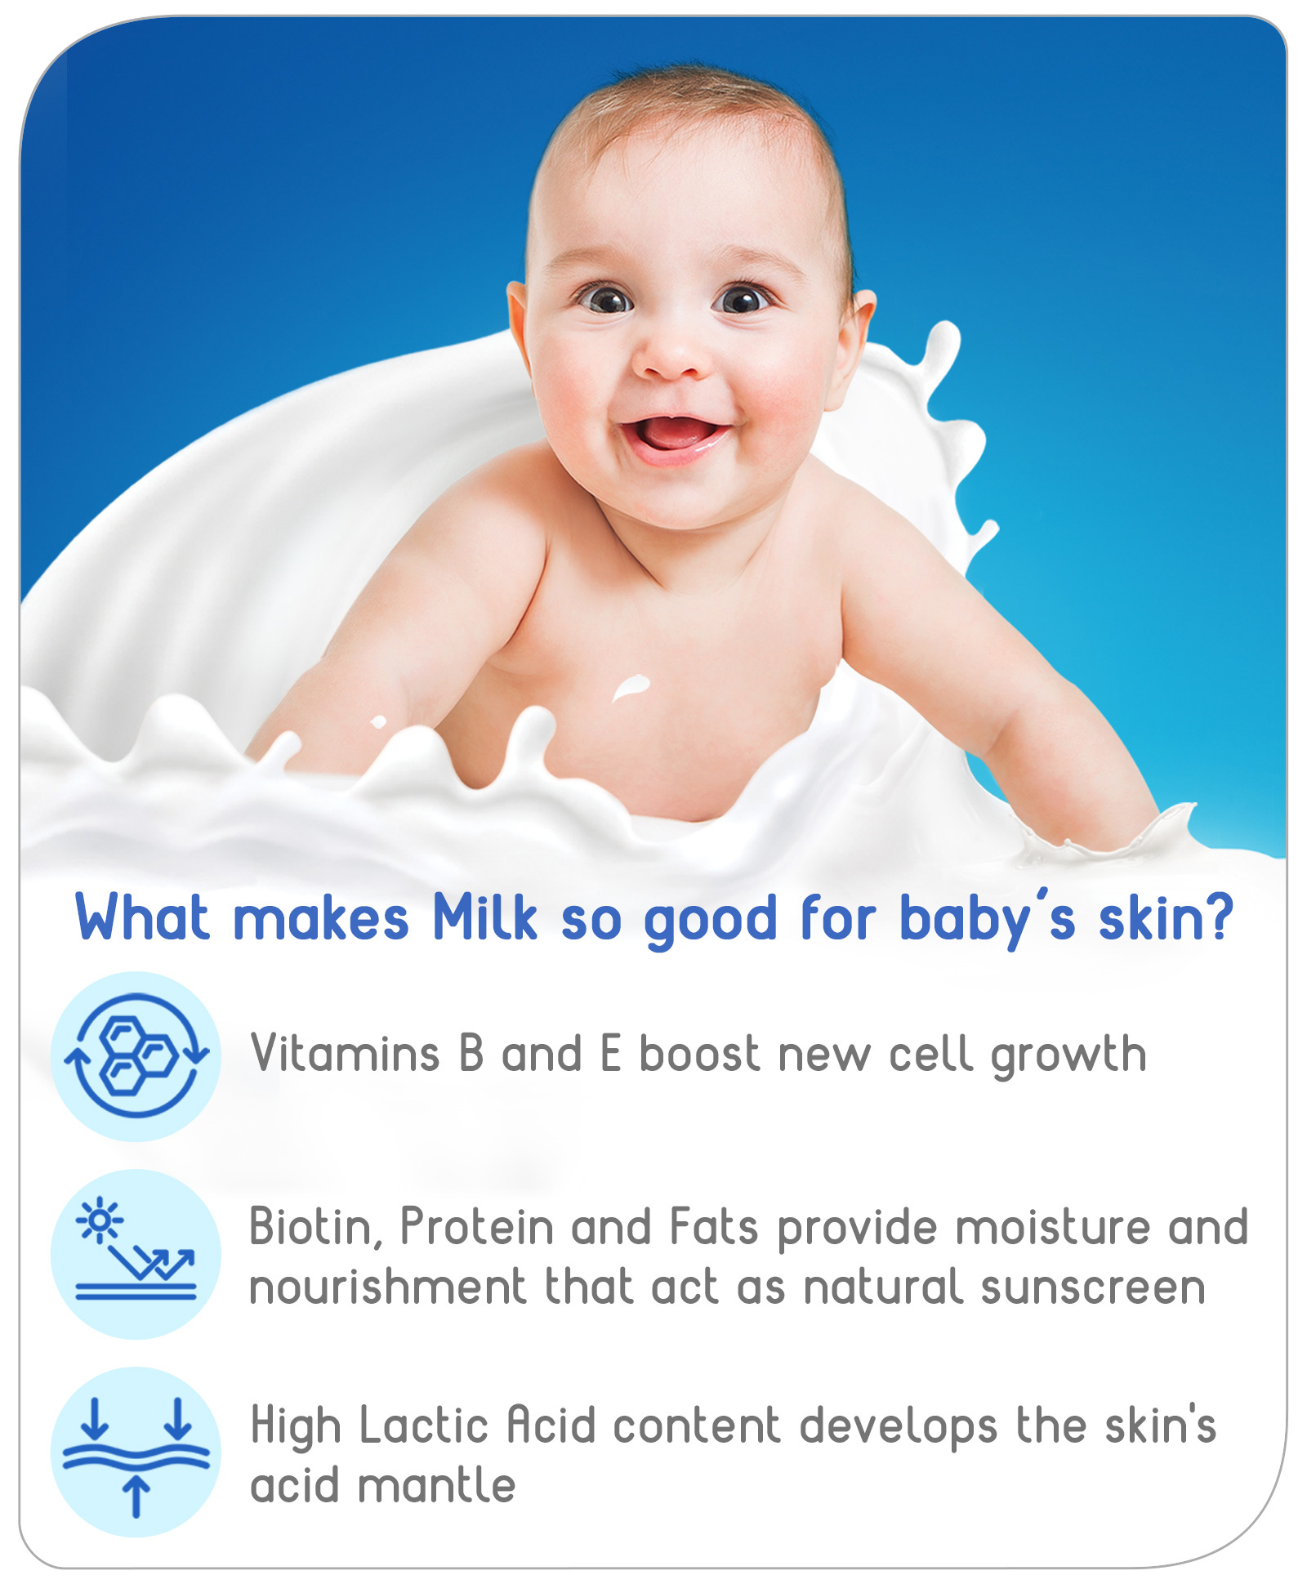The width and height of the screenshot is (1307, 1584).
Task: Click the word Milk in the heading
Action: (485, 918)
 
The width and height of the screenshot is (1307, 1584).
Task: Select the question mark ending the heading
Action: (1218, 917)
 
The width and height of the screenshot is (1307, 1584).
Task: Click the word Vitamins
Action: (346, 1054)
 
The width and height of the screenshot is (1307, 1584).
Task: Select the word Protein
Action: (477, 1227)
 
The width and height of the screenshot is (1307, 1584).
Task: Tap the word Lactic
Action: (424, 1426)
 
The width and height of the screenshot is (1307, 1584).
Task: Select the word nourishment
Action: (388, 1287)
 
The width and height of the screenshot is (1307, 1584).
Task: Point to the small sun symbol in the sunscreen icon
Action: (99, 1220)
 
